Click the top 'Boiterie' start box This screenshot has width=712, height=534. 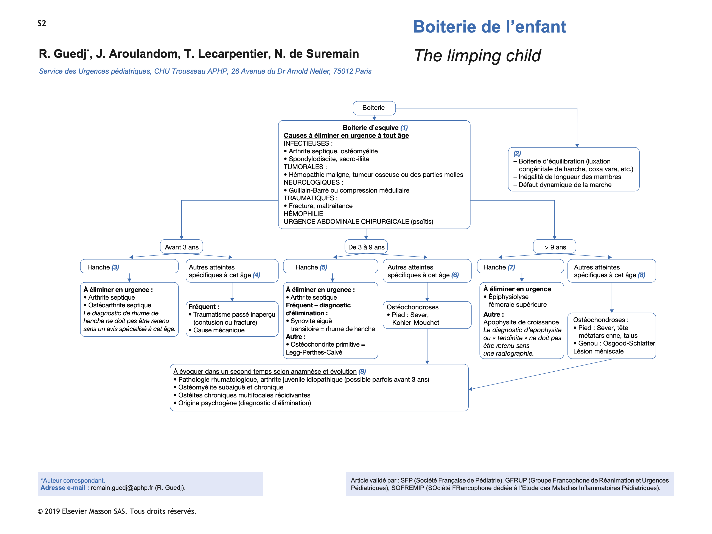click(x=374, y=108)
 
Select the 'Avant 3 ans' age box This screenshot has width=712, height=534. click(x=182, y=247)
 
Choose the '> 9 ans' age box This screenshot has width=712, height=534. click(x=555, y=247)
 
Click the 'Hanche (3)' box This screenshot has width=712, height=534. click(x=129, y=267)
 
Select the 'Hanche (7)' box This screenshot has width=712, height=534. click(x=520, y=267)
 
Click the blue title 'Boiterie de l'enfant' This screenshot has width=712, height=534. click(x=489, y=27)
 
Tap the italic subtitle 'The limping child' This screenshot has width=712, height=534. click(x=477, y=56)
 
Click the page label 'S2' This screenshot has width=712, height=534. click(x=42, y=23)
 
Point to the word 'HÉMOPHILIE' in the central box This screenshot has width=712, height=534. click(x=303, y=214)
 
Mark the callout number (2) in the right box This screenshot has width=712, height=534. click(x=517, y=153)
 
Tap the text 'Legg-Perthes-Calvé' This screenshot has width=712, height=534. click(x=314, y=352)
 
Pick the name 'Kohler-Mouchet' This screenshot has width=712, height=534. click(x=415, y=322)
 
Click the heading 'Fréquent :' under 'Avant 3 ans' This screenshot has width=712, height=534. click(x=204, y=307)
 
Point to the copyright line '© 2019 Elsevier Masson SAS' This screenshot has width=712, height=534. click(x=117, y=511)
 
